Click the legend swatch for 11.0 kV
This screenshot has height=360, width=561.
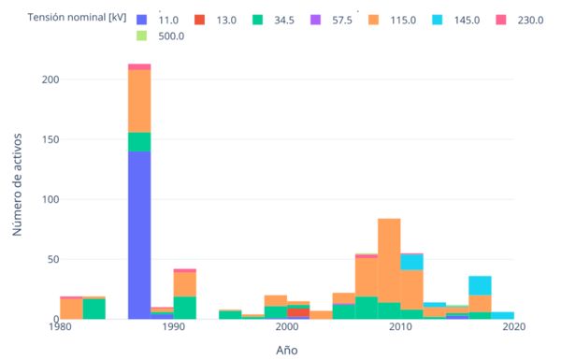pos(142,19)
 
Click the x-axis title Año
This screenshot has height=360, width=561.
pos(287,350)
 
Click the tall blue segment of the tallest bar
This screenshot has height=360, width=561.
pos(139,235)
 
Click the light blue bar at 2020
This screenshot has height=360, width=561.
pos(502,315)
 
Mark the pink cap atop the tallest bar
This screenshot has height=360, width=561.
pos(139,66)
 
